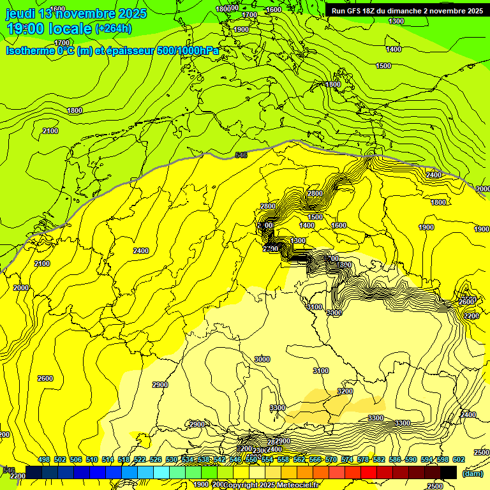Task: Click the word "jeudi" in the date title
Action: pos(20,13)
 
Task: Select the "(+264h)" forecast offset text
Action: pos(114,29)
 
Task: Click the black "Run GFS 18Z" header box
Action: pos(406,11)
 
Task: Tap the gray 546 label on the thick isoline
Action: pos(241,155)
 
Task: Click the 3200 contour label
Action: pos(345,391)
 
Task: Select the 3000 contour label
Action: pos(262,359)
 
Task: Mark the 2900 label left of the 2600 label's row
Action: pos(160,385)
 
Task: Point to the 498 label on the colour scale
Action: pos(44,460)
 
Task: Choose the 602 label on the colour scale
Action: pos(459,460)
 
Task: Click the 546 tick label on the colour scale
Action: pos(235,460)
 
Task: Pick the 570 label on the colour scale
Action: pos(331,460)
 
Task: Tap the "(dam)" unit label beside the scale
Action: pos(473,473)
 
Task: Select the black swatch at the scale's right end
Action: pos(449,472)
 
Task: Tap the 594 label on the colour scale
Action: pos(427,460)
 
